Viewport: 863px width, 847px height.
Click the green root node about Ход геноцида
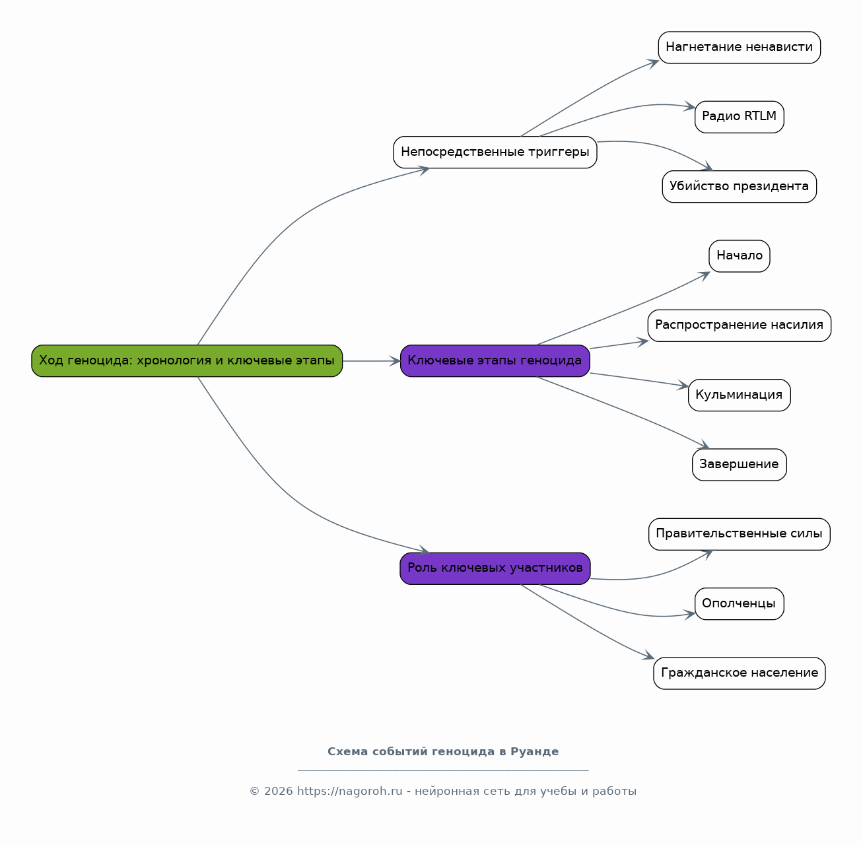[187, 361]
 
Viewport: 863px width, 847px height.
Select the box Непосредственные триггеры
[495, 152]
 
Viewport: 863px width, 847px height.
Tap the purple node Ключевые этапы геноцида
[495, 361]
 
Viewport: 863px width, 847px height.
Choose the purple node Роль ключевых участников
[495, 568]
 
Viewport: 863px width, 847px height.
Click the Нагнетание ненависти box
[739, 48]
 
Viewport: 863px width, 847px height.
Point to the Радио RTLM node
[739, 117]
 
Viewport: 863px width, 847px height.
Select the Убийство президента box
[739, 186]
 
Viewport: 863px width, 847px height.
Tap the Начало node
[739, 256]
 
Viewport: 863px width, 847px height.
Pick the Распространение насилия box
[739, 325]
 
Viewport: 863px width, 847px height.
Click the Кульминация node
[739, 395]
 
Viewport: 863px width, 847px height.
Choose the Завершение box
[739, 465]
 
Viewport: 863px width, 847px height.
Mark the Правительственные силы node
[739, 534]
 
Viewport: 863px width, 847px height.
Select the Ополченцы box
[739, 604]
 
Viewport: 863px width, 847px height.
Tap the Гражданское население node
[739, 673]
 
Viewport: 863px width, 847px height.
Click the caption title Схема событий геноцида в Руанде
[443, 751]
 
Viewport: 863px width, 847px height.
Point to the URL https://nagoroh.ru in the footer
[350, 791]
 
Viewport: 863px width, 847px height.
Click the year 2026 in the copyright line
[278, 792]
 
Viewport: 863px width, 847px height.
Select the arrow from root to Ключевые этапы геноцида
[371, 361]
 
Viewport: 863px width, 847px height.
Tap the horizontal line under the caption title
[443, 771]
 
